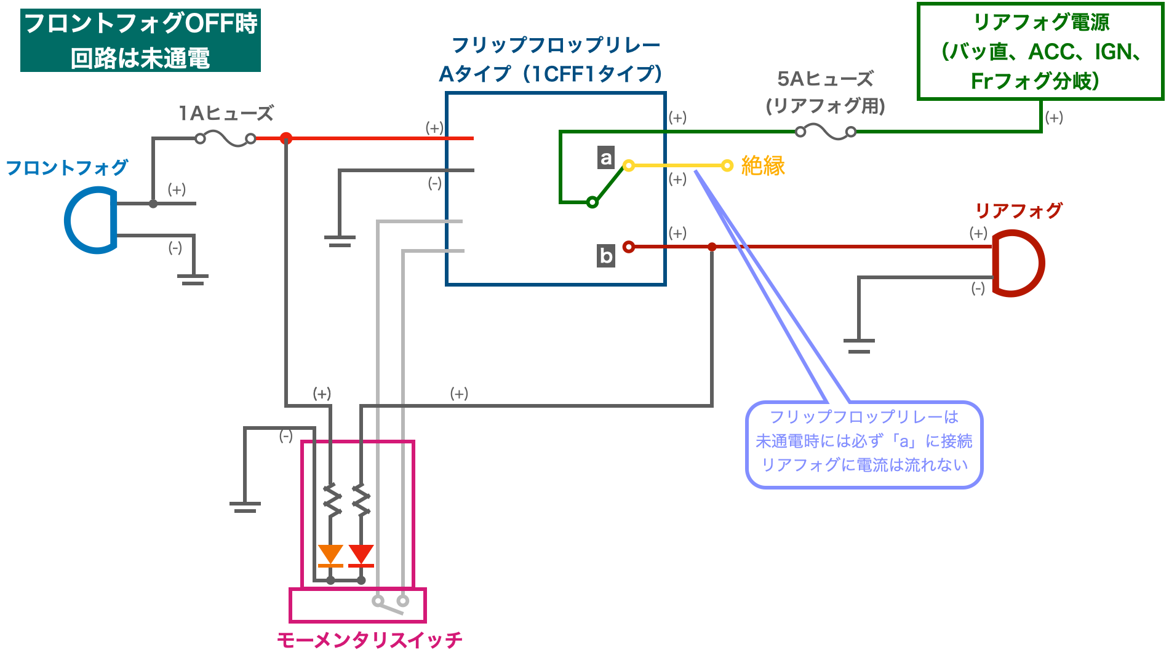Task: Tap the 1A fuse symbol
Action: (225, 139)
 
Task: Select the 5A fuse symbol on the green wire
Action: (826, 131)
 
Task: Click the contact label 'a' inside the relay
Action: (606, 157)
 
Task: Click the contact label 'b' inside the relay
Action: (606, 255)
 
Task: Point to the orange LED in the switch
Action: (330, 555)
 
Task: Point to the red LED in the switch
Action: (361, 555)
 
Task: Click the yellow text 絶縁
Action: (763, 165)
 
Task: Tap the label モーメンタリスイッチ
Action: (369, 640)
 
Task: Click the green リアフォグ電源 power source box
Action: (1040, 51)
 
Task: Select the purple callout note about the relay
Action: (864, 445)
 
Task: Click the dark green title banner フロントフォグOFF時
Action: (140, 40)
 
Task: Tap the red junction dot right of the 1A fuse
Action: (286, 138)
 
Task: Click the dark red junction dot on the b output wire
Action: (712, 247)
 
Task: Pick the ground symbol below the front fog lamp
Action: (193, 279)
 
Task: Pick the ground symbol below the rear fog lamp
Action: (859, 346)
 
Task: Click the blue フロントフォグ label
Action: (66, 167)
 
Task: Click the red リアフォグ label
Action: (1019, 210)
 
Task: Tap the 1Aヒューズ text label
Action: (226, 113)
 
